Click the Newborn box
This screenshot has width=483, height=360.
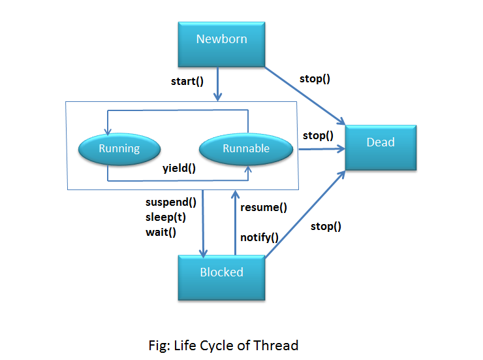pos(221,44)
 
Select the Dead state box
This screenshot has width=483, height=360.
pos(381,148)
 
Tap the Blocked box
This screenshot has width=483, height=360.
pos(221,278)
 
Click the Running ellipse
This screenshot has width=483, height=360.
pos(119,149)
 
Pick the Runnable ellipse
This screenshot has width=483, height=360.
pos(246,149)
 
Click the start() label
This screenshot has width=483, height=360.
pos(187,82)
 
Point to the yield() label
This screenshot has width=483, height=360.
pos(179,169)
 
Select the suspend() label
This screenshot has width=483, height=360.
pos(171,202)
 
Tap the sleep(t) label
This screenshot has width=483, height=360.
pos(166,218)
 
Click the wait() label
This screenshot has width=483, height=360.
pos(161,232)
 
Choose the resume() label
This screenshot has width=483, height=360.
pos(264,207)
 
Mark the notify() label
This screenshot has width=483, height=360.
pos(259,237)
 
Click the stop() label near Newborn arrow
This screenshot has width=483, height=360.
pos(315,79)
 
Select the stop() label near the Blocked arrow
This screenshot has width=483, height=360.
pos(326,227)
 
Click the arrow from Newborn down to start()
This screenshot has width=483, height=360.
pos(218,84)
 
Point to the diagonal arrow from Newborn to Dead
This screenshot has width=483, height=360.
pos(305,96)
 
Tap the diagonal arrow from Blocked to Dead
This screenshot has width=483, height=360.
pos(305,214)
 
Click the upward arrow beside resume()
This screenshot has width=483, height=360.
pos(236,223)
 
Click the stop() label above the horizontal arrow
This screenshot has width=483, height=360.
pos(319,136)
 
